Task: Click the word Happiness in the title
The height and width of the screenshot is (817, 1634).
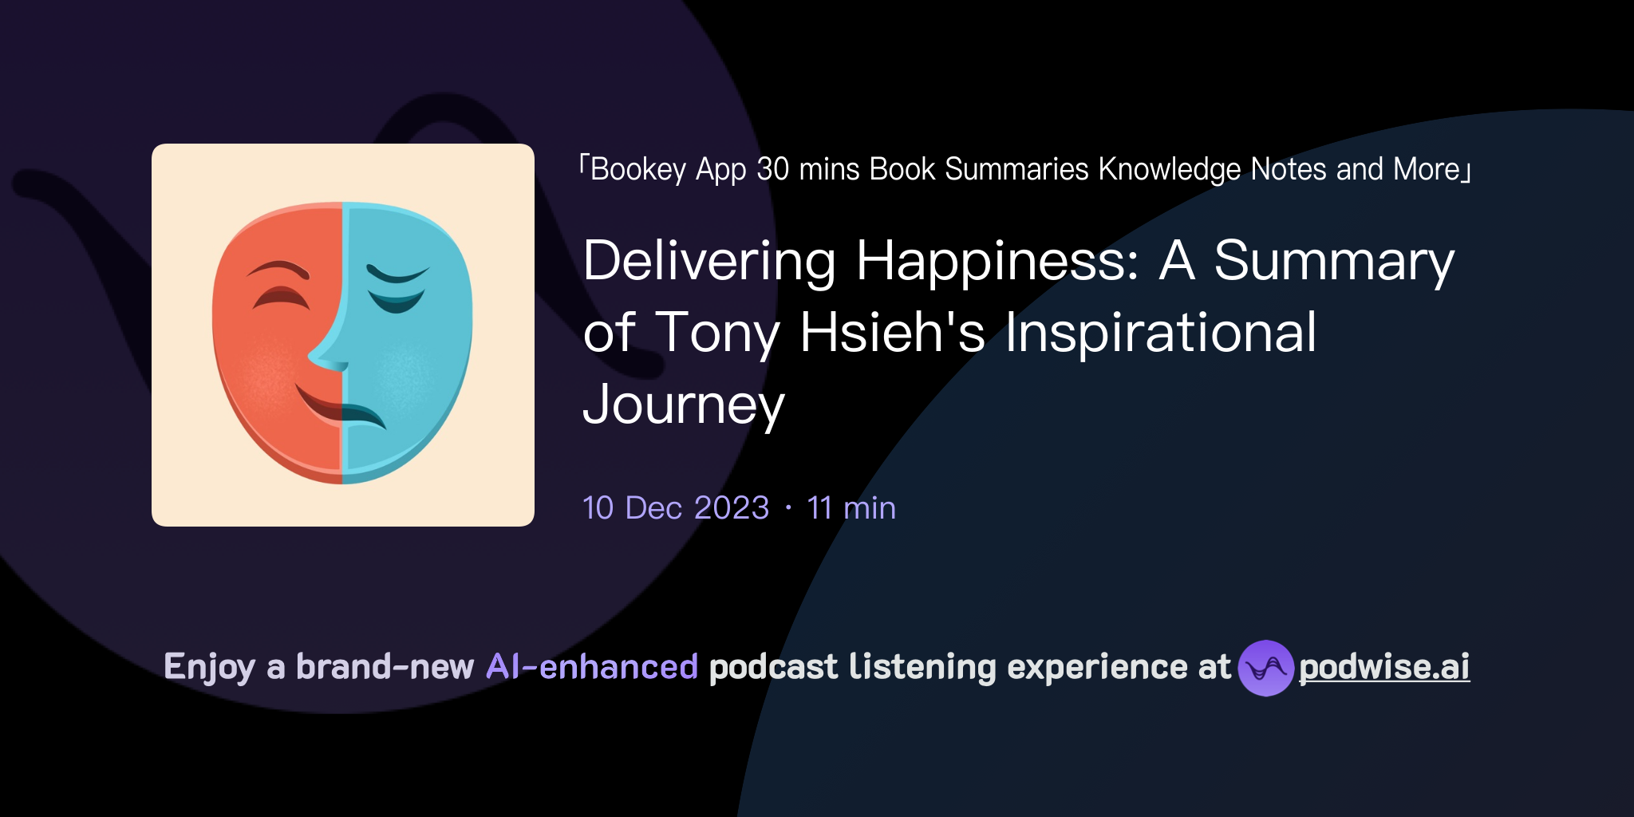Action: point(997,262)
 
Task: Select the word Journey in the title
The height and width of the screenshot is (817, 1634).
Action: point(684,405)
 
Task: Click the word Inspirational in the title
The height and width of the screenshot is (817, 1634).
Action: point(1160,334)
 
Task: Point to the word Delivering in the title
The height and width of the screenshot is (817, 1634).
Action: point(709,262)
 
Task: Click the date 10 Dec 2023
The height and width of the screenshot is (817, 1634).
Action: point(676,508)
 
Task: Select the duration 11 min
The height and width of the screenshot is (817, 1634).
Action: point(851,508)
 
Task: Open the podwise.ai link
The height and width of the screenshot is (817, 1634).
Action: point(1383,667)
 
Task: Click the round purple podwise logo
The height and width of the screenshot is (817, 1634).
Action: point(1265,668)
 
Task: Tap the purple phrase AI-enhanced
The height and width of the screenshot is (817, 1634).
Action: point(592,667)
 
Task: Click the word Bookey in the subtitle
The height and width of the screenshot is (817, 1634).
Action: point(638,169)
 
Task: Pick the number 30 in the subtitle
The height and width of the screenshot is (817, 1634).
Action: point(772,169)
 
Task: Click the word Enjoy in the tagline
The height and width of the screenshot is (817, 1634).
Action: point(209,667)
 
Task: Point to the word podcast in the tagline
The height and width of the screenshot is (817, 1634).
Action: point(773,667)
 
